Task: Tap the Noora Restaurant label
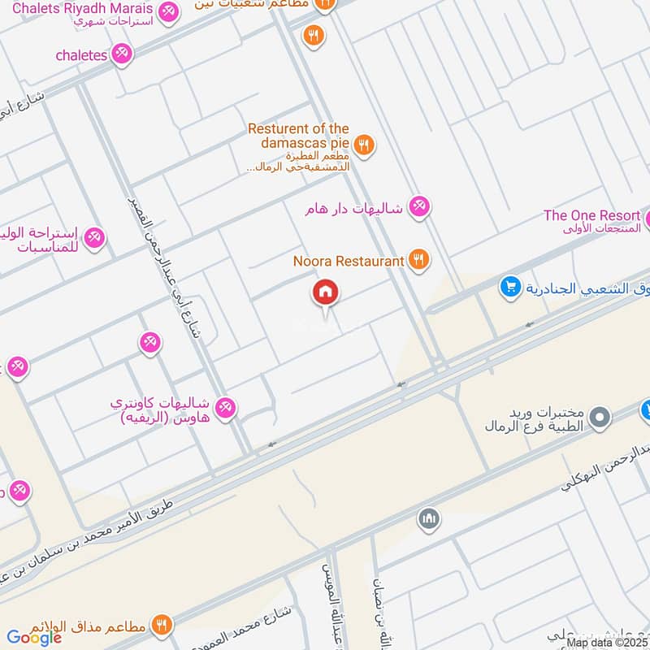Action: coord(349,261)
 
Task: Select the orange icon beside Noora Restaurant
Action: coord(418,260)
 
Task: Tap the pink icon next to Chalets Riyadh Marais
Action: coord(168,11)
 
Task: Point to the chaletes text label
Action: coord(81,54)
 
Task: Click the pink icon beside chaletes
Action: coord(123,54)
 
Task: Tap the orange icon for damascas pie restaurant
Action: coord(365,145)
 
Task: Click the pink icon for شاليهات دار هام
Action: coord(419,207)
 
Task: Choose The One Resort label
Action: coord(591,215)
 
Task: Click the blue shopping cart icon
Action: coord(510,287)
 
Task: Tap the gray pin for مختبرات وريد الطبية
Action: coord(600,418)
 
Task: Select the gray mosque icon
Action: coord(428,518)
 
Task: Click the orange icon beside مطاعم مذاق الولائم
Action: coord(162,625)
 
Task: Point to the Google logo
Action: coord(34,638)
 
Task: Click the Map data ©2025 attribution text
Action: coord(606,643)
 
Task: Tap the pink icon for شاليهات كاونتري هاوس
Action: coord(226,407)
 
